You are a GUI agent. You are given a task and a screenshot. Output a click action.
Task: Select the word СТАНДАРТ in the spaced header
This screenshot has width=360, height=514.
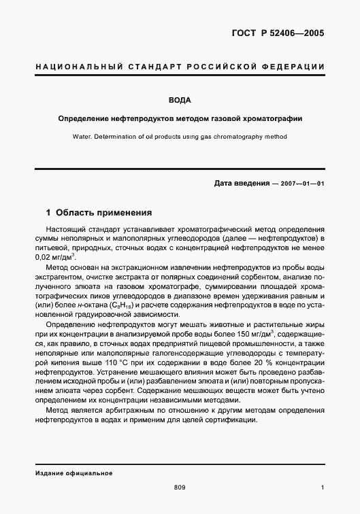point(155,67)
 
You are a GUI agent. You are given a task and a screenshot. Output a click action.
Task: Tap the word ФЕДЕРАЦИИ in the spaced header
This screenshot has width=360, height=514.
point(291,67)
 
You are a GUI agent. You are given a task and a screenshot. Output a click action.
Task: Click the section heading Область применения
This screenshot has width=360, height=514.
point(99,211)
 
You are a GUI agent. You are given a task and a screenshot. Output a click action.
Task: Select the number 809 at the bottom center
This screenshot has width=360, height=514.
point(180,487)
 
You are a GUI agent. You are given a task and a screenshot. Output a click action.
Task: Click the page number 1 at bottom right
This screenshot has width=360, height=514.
point(322,487)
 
